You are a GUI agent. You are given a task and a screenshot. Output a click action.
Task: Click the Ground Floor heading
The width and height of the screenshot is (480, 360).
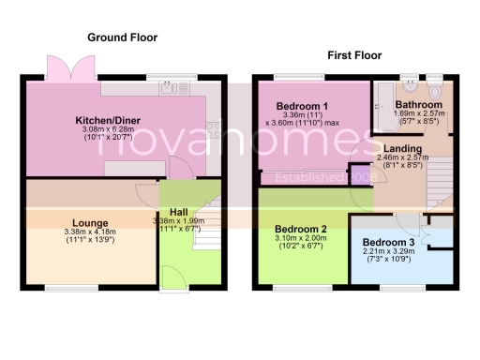tap(122, 37)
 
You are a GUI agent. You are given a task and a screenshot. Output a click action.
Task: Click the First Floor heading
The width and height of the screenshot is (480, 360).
tap(352, 56)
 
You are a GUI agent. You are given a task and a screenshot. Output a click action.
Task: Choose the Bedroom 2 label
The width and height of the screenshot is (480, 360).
tap(300, 229)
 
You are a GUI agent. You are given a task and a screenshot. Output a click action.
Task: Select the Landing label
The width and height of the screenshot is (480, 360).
tap(402, 149)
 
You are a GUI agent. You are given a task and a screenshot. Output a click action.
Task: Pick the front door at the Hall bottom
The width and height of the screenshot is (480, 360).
tap(174, 277)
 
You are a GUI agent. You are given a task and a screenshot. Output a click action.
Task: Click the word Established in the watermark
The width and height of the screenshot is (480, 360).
tap(315, 175)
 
